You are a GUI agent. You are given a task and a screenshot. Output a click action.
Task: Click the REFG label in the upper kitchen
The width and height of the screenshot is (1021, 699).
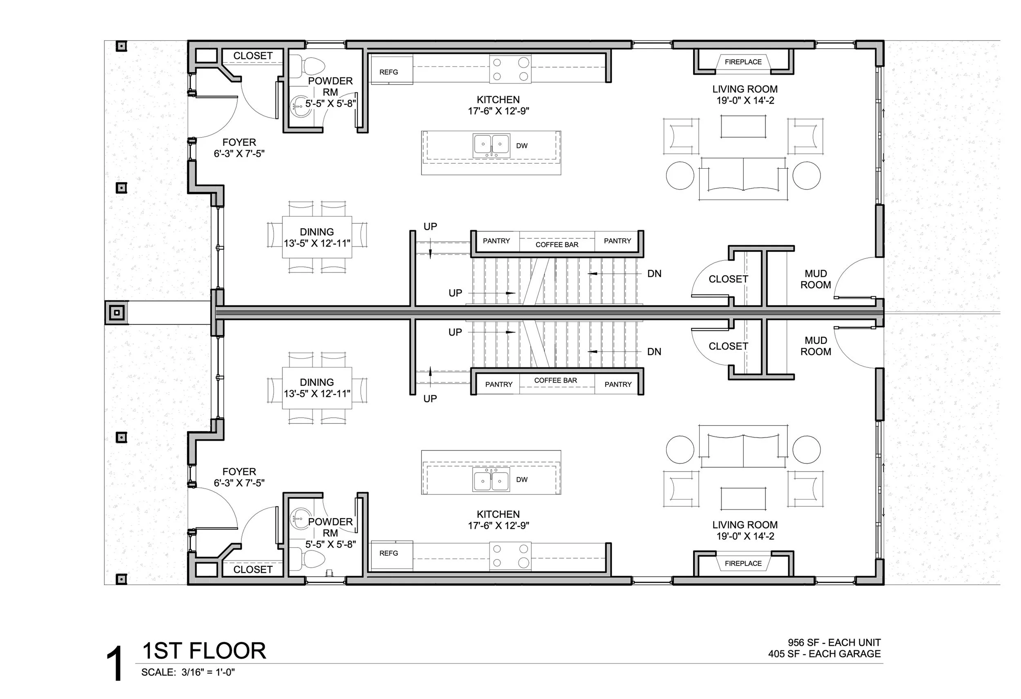click(x=388, y=72)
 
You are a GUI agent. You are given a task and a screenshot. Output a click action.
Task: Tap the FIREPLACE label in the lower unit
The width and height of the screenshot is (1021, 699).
click(x=743, y=563)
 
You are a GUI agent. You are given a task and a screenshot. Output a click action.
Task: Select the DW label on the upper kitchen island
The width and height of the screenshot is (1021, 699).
click(x=522, y=146)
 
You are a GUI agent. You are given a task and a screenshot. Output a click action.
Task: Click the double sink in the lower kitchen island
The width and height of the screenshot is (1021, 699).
click(x=491, y=479)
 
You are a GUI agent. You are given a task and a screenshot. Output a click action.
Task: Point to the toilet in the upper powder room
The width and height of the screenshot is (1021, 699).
click(x=312, y=66)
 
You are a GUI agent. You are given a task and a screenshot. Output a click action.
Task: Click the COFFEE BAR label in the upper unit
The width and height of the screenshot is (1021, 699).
click(x=557, y=245)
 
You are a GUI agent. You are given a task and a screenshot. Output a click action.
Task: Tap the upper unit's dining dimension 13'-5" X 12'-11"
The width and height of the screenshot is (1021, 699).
click(x=317, y=243)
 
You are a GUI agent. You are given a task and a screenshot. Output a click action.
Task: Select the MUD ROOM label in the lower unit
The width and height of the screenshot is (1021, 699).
click(x=816, y=346)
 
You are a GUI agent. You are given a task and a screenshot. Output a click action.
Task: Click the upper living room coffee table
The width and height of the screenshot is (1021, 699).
click(x=743, y=127)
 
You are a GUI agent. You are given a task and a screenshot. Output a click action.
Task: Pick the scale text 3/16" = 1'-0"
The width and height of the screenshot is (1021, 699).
click(x=208, y=672)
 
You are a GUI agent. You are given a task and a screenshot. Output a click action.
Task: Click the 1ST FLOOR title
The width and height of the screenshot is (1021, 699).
click(x=204, y=651)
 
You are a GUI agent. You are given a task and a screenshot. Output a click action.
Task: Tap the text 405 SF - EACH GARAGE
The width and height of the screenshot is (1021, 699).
click(x=824, y=654)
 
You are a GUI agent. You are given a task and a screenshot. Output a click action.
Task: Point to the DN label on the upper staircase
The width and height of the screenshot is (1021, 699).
click(x=654, y=274)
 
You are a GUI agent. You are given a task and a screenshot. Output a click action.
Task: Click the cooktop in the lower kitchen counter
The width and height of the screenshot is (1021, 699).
click(x=510, y=556)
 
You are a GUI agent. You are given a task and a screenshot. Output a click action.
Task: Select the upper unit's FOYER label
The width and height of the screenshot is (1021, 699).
click(x=239, y=142)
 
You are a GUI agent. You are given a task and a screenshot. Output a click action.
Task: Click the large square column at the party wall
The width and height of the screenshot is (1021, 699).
click(x=116, y=313)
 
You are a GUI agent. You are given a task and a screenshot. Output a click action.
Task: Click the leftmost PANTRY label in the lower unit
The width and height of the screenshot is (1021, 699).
click(x=499, y=385)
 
